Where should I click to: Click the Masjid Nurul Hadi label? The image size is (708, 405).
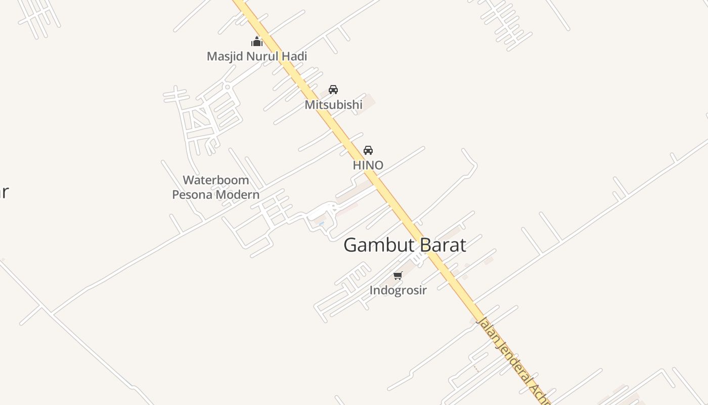(256, 56)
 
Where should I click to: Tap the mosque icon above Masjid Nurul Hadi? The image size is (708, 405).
(257, 42)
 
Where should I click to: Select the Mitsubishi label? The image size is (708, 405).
(333, 105)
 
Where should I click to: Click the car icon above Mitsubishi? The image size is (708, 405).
(333, 90)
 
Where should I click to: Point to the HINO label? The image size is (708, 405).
(368, 165)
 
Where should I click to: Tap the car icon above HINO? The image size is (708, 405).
(368, 150)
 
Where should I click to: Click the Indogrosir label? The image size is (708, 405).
(398, 290)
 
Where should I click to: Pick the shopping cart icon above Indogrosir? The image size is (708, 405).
(398, 276)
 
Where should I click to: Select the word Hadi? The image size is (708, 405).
(294, 56)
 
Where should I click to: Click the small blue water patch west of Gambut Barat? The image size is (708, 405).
(321, 223)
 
